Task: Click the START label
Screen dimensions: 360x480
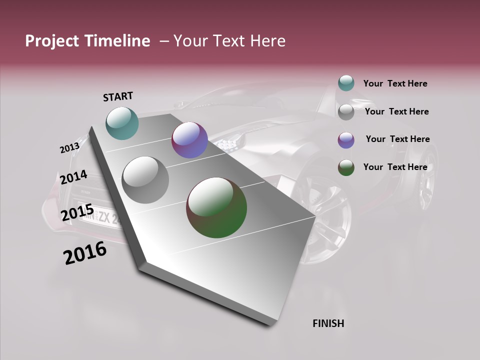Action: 118,96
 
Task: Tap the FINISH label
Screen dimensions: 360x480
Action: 328,323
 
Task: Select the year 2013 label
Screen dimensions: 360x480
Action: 69,148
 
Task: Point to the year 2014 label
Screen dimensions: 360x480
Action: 73,177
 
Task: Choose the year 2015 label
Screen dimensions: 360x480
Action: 77,213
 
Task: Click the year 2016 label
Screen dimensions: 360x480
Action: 85,253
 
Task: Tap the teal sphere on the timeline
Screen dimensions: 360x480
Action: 122,123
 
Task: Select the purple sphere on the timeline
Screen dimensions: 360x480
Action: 189,140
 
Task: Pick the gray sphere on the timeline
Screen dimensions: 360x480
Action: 145,180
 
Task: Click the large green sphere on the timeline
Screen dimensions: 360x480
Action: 216,207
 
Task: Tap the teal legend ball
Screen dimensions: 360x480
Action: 346,83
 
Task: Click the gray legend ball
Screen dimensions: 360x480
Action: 346,112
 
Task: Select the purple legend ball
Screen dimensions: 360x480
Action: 346,140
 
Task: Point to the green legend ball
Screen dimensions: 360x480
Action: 346,168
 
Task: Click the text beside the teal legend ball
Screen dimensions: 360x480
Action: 395,84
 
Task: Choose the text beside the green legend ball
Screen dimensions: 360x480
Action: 395,167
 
